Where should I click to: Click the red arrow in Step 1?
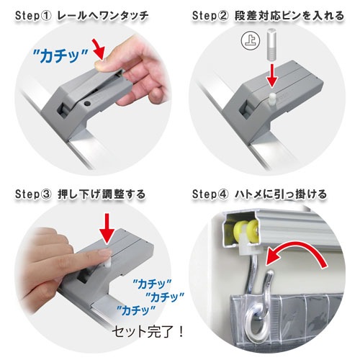(99, 49)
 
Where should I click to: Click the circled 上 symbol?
(251, 41)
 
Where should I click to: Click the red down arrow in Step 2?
(271, 75)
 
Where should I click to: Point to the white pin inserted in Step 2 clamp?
(272, 98)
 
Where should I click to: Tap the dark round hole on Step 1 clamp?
(87, 104)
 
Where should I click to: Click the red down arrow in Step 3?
(107, 228)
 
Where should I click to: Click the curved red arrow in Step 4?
(297, 252)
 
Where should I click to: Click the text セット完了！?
(148, 332)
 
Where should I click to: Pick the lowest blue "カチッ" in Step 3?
(136, 311)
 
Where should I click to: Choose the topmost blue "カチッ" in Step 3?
(152, 284)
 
